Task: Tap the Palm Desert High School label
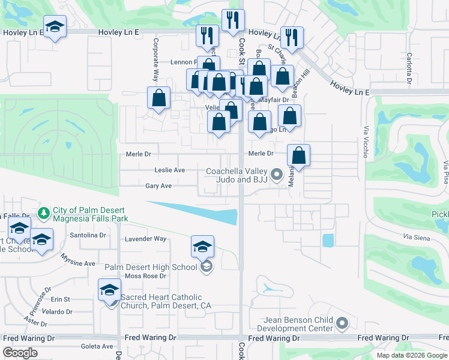coord(151,267)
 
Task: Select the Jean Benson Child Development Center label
coord(295,324)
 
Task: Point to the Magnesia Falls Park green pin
coord(43,213)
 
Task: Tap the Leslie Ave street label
coord(169,170)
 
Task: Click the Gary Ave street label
coord(158,186)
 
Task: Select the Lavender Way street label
coord(145,239)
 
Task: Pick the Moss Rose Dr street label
coord(145,276)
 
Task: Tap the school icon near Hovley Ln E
coord(55,27)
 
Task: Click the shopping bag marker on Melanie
coord(298,155)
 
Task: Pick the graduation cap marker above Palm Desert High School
coord(202,247)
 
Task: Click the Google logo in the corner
coord(20,353)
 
